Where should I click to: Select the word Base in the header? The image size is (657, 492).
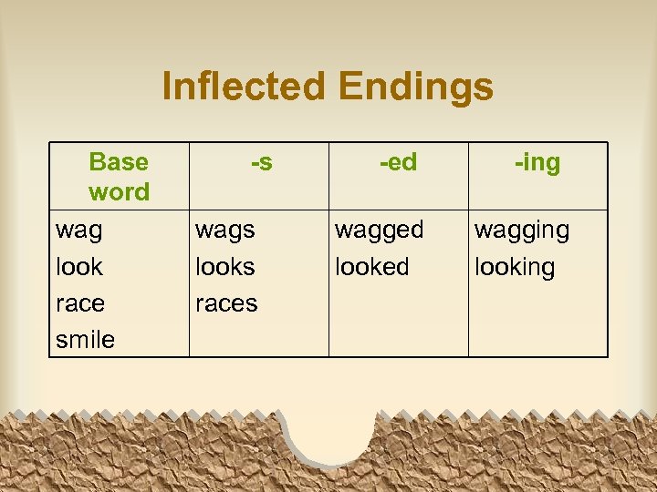pos(119,162)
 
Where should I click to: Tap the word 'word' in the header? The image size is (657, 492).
pos(119,192)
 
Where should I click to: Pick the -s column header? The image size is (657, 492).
pos(261,163)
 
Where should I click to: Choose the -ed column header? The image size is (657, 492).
pos(398,163)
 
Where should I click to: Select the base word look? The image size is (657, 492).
pos(79,267)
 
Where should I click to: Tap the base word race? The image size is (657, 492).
pos(80,303)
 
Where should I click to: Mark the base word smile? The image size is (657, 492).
pos(86,340)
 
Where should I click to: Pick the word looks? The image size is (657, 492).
pos(224,267)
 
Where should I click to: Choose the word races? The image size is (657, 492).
pos(226,303)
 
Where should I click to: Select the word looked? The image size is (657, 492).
pos(372,267)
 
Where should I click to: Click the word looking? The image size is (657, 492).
pos(514,268)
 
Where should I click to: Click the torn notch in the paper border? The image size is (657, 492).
pos(330,436)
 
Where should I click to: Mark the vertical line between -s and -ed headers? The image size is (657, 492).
pos(328,176)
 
